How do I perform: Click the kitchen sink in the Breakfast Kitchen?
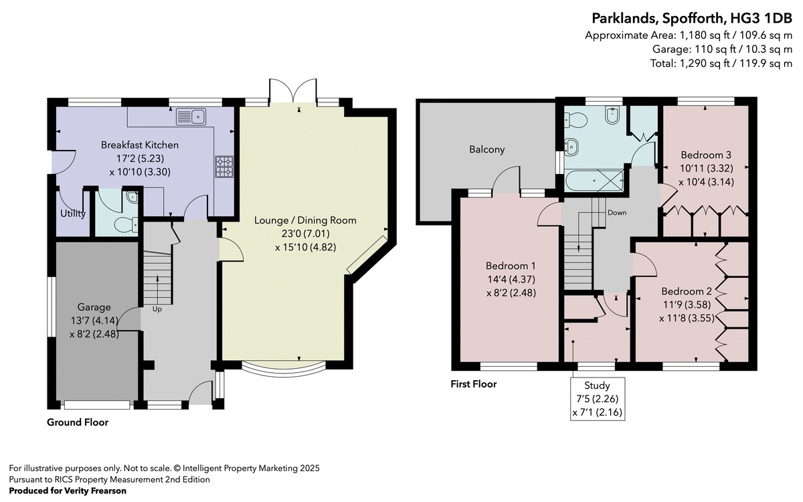pyautogui.click(x=191, y=116)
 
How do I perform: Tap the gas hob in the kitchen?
pyautogui.click(x=224, y=167)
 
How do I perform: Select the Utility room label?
pyautogui.click(x=73, y=214)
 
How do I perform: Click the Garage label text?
pyautogui.click(x=94, y=307)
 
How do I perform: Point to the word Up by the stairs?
pyautogui.click(x=157, y=309)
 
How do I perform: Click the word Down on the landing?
pyautogui.click(x=617, y=213)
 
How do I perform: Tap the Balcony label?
pyautogui.click(x=487, y=149)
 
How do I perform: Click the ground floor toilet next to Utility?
pyautogui.click(x=126, y=225)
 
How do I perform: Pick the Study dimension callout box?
pyautogui.click(x=598, y=399)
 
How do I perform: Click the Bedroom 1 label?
pyautogui.click(x=511, y=266)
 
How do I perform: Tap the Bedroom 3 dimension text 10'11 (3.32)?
pyautogui.click(x=707, y=168)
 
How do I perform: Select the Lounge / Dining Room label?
pyautogui.click(x=305, y=220)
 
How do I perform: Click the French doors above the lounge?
pyautogui.click(x=293, y=92)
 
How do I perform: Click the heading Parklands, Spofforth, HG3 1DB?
pyautogui.click(x=692, y=18)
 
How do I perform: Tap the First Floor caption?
pyautogui.click(x=474, y=384)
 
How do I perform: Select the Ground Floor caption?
pyautogui.click(x=78, y=422)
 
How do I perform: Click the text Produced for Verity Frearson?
pyautogui.click(x=68, y=491)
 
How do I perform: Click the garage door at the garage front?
pyautogui.click(x=97, y=405)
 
